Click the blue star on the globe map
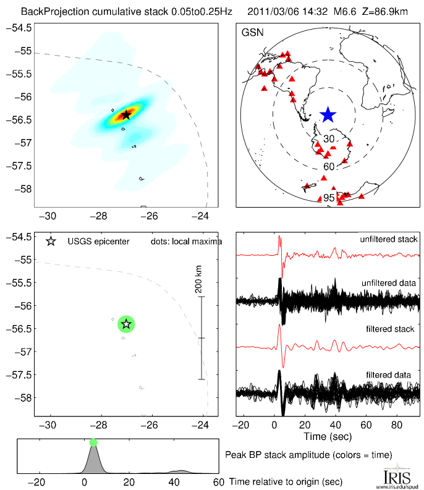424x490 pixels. (328, 114)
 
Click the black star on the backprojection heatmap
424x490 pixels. (126, 114)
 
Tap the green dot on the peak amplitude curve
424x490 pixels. (93, 442)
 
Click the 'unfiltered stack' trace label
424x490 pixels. (389, 239)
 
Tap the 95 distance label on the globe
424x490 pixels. (329, 198)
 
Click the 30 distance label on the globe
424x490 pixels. (329, 138)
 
